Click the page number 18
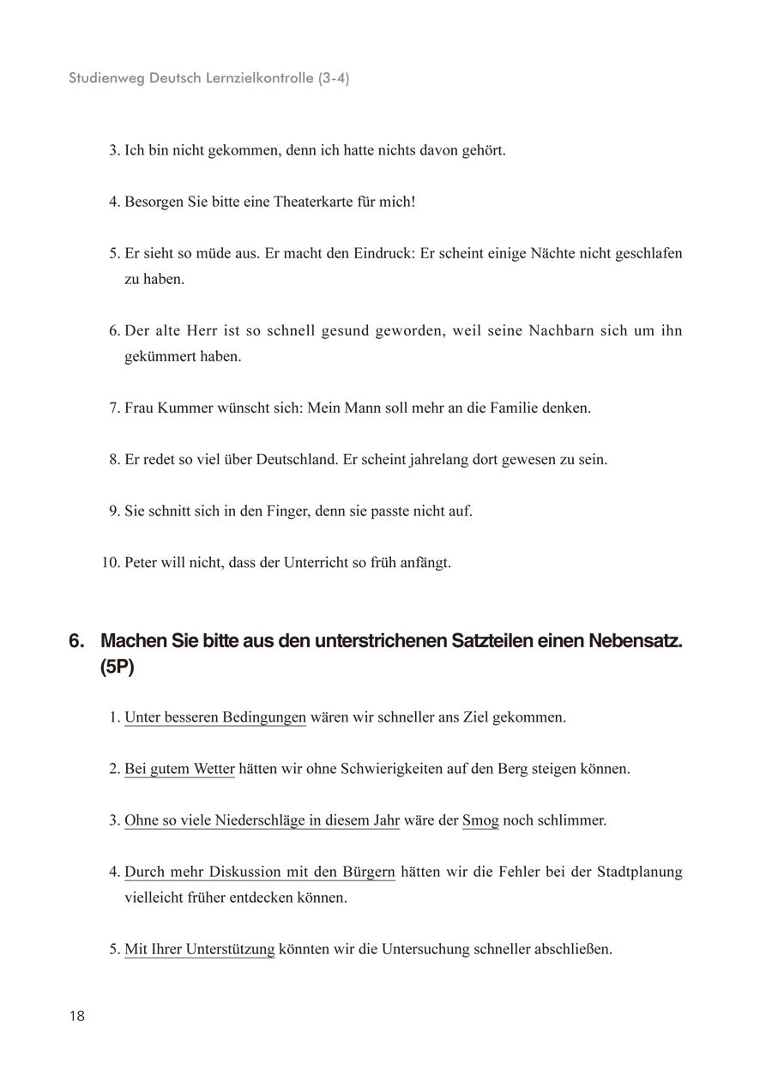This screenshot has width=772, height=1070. click(x=77, y=1017)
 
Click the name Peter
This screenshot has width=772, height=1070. click(x=142, y=563)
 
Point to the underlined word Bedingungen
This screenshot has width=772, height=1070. click(x=264, y=717)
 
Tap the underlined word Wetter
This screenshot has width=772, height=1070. click(x=213, y=769)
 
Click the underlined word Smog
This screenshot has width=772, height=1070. click(x=480, y=820)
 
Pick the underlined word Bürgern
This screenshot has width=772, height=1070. click(x=369, y=873)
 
